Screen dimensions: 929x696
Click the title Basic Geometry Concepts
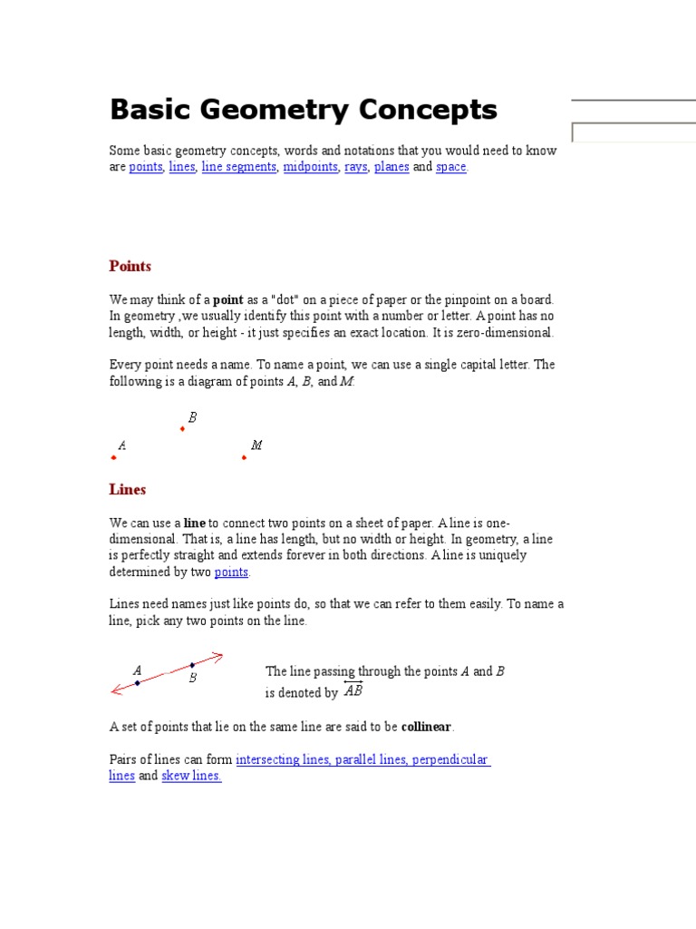coord(303,110)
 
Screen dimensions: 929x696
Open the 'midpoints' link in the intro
coord(310,167)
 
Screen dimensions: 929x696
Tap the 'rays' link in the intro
coord(355,167)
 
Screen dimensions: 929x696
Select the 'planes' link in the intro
coord(391,167)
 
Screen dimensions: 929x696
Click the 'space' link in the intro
coord(450,167)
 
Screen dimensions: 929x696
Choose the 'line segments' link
coord(238,167)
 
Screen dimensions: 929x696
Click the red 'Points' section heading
coord(130,266)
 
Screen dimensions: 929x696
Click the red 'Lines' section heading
coord(127,489)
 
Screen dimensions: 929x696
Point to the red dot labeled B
coord(182,428)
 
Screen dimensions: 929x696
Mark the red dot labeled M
coord(244,457)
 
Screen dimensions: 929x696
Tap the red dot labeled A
coord(113,457)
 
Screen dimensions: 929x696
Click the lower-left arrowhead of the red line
coord(115,690)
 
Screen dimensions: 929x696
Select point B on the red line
coord(192,665)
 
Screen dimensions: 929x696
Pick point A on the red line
coord(137,682)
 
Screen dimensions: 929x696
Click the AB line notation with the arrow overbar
coord(353,690)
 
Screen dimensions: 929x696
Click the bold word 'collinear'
coord(426,727)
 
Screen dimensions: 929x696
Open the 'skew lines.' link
coord(191,776)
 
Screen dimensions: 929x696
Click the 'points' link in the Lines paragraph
coord(231,572)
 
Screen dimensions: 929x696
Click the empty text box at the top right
coord(633,133)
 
